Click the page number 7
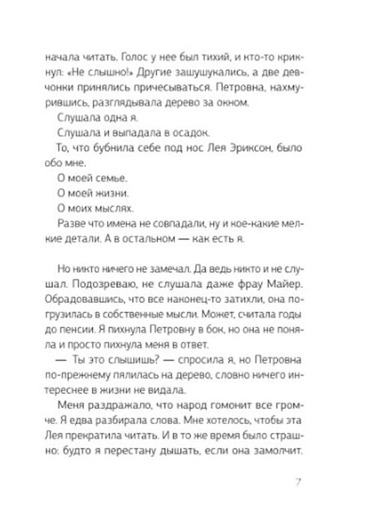coord(322,481)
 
